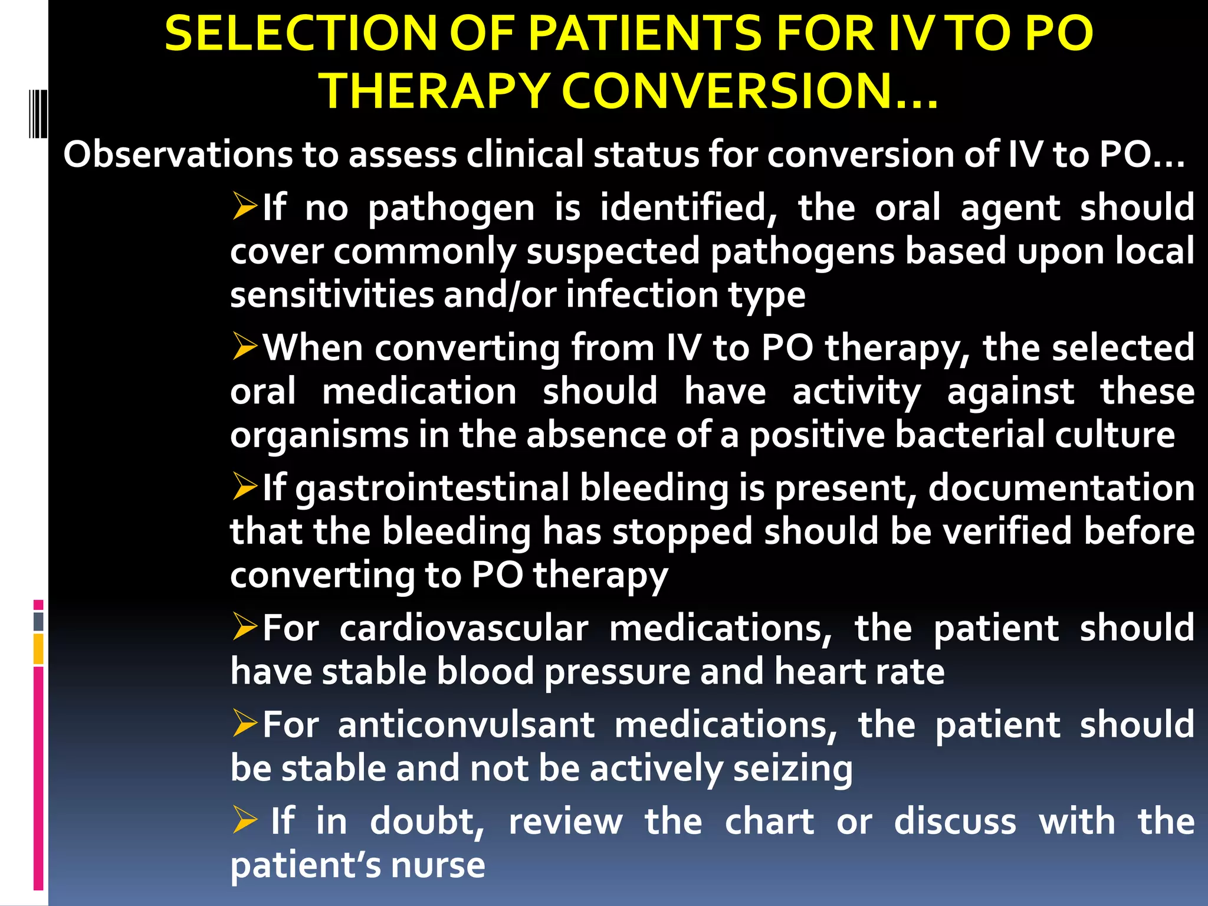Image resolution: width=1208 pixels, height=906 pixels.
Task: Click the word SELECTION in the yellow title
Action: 301,34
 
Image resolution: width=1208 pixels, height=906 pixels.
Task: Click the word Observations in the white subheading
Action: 178,155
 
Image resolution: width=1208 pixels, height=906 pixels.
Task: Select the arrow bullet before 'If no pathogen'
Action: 244,206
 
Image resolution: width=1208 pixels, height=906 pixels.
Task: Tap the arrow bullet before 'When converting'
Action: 244,346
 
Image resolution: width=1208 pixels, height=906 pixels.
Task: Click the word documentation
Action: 1061,488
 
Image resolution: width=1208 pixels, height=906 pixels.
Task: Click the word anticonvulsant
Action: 466,725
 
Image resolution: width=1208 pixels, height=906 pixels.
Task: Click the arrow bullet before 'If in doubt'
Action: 244,819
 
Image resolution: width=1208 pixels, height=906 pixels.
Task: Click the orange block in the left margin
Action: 38,649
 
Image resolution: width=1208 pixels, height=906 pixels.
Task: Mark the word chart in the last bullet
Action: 769,821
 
